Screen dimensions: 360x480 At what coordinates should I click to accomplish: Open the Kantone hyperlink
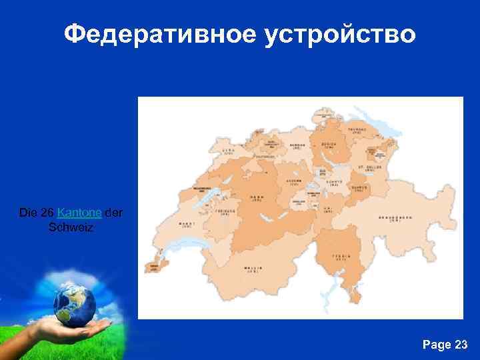(x=79, y=213)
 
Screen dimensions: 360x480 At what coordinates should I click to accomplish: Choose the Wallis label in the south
(x=252, y=269)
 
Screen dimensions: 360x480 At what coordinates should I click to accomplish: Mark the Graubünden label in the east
(x=395, y=218)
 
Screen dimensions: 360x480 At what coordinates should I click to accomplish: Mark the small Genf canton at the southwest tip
(x=152, y=265)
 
